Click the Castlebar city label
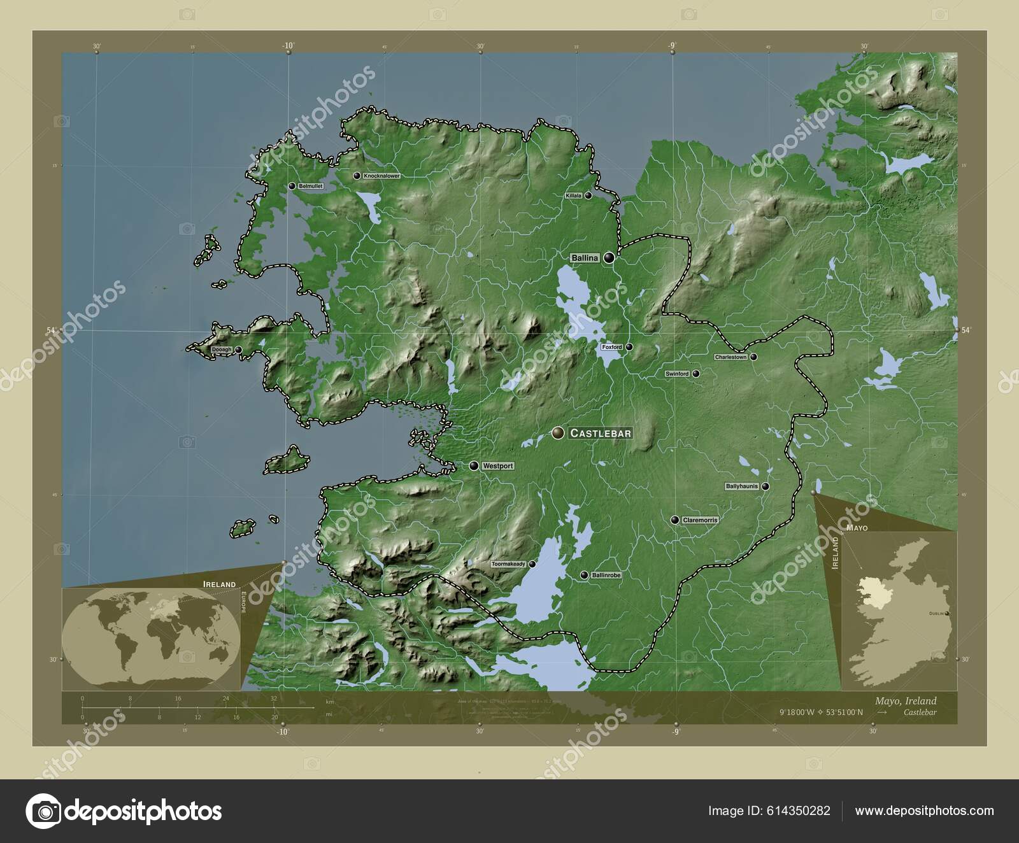[x=601, y=434]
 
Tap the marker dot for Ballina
[x=609, y=258]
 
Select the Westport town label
[x=497, y=466]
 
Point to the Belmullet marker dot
[x=292, y=186]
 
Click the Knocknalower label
[x=381, y=176]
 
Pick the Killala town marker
[x=588, y=195]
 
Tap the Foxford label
[x=611, y=348]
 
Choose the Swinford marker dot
[x=696, y=374]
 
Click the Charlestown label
[x=730, y=357]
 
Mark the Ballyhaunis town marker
[x=766, y=486]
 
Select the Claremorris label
[x=700, y=520]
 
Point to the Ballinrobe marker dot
[x=584, y=575]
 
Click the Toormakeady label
[x=508, y=564]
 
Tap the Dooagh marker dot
[x=238, y=350]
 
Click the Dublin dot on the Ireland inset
[x=947, y=613]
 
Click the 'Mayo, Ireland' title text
[x=906, y=701]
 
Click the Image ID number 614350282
[x=799, y=811]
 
